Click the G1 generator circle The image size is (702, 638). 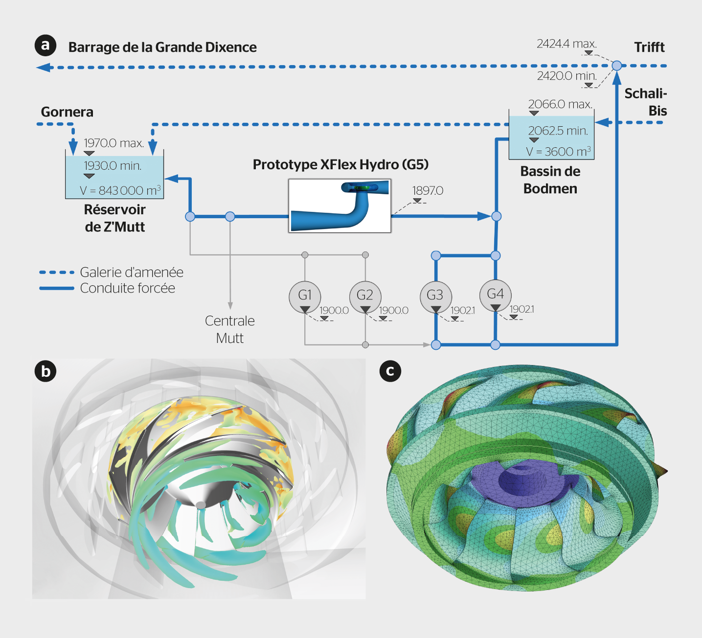coord(305,296)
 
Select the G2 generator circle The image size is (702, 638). coord(365,296)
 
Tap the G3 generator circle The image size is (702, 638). coord(435,296)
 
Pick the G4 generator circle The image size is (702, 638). coord(495,295)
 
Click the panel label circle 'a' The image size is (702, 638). coord(45,46)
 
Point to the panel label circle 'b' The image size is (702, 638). coord(45,371)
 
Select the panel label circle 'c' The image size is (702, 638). coord(390,371)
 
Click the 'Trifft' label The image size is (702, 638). coord(649,47)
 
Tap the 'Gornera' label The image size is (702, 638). coord(67,112)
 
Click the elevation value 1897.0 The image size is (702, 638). coord(428,190)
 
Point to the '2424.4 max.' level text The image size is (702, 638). coord(566,44)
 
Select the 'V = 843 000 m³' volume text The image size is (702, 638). coord(120,190)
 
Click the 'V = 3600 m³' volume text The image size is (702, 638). coord(558,152)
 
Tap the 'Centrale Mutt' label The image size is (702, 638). coord(230,329)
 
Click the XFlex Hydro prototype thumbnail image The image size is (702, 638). coord(340,205)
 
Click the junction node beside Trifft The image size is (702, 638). coord(617,66)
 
